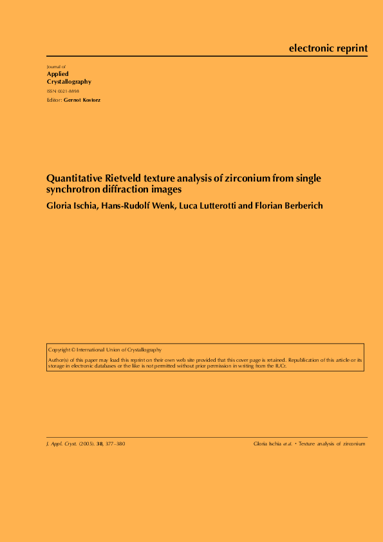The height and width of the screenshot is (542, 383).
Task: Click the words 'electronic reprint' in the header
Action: click(328, 48)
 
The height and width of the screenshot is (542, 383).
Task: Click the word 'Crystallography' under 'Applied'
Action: click(69, 82)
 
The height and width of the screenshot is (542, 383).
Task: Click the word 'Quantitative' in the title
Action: click(72, 178)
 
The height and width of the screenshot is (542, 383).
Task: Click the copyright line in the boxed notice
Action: click(105, 350)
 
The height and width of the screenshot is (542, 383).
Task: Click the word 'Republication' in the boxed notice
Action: click(310, 360)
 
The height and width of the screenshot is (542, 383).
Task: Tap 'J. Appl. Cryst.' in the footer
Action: click(62, 444)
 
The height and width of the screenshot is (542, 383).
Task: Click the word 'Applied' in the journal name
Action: click(58, 74)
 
